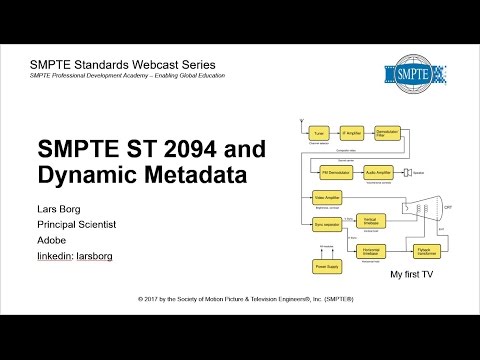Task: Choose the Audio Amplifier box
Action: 379,171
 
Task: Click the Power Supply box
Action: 328,267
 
